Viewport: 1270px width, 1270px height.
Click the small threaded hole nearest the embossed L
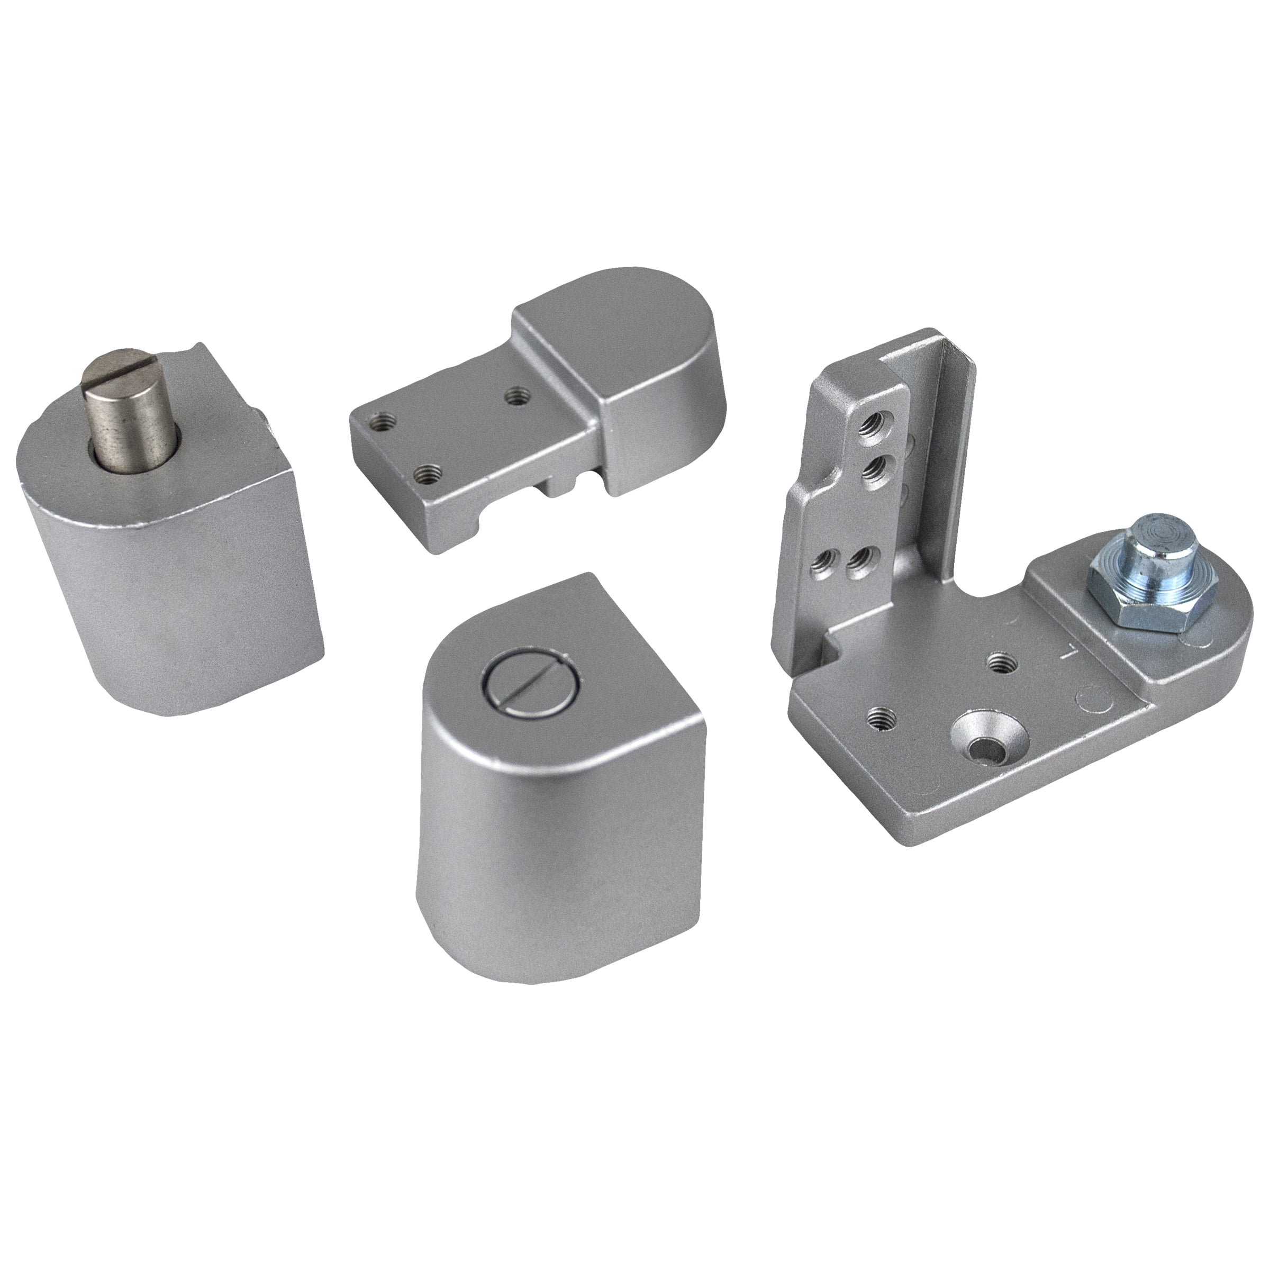tap(999, 660)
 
